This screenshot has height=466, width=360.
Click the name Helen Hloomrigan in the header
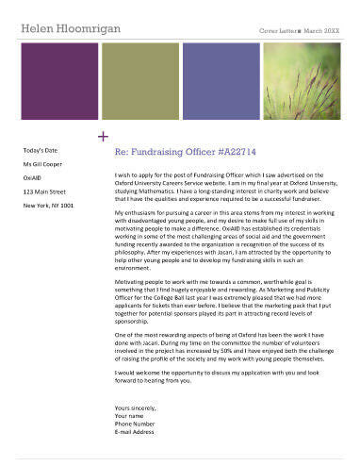tap(72, 29)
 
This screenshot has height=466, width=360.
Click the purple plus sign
tap(102, 137)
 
